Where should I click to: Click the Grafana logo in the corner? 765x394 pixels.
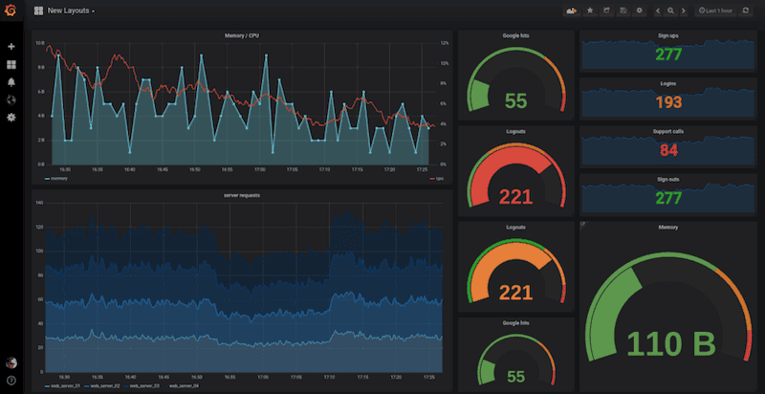11,11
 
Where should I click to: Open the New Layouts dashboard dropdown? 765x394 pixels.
70,11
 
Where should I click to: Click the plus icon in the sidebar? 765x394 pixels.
11,47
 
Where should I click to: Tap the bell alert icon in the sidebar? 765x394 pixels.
11,82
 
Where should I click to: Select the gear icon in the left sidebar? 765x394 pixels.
11,117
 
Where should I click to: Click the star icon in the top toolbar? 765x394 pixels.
590,11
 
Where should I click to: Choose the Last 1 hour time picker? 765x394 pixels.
715,11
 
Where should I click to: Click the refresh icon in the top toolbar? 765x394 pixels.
746,11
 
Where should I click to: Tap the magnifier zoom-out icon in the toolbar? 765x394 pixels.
670,11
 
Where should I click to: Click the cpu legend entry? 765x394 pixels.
437,178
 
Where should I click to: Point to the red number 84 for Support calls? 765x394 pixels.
668,149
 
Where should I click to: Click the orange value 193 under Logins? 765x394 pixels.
668,101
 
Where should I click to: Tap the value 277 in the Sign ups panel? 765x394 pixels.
668,54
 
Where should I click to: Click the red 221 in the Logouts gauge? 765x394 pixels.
516,197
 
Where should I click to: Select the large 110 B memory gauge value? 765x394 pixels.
668,341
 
